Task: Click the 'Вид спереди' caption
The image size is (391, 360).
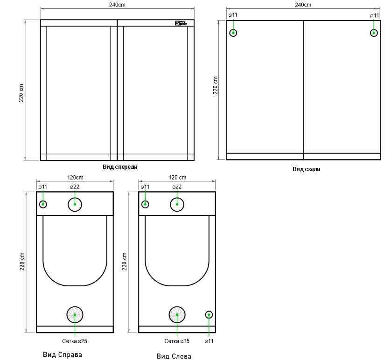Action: pyautogui.click(x=120, y=166)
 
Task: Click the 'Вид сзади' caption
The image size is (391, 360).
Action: pyautogui.click(x=307, y=169)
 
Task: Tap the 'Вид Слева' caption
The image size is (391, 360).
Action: pyautogui.click(x=174, y=357)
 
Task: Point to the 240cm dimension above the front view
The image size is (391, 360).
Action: pyautogui.click(x=117, y=4)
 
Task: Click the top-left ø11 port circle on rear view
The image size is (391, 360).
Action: pyautogui.click(x=233, y=33)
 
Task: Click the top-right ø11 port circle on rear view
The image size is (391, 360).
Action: pyautogui.click(x=374, y=33)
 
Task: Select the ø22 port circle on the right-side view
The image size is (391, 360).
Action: pyautogui.click(x=75, y=204)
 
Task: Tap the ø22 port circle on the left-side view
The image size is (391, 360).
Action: pyautogui.click(x=177, y=204)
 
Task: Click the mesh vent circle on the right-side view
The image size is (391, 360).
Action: pyautogui.click(x=75, y=315)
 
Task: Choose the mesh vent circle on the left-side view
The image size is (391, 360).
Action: pyautogui.click(x=177, y=315)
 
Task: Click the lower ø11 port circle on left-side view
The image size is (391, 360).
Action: pyautogui.click(x=209, y=315)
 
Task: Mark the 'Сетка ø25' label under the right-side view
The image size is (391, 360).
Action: pyautogui.click(x=75, y=341)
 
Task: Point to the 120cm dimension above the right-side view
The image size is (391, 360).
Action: pyautogui.click(x=75, y=178)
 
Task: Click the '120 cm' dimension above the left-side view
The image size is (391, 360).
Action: pyautogui.click(x=177, y=178)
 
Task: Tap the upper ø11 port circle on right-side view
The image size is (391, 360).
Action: pyautogui.click(x=43, y=204)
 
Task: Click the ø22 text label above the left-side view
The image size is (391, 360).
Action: pyautogui.click(x=177, y=187)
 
